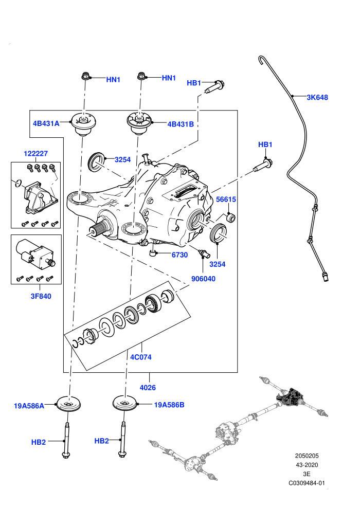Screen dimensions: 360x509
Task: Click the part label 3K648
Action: [317, 97]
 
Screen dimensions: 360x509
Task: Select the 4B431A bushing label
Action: [46, 123]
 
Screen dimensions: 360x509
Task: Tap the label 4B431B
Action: [181, 124]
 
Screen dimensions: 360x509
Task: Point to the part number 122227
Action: [35, 154]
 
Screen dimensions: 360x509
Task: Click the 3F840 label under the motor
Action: [41, 296]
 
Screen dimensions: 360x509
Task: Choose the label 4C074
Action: [141, 357]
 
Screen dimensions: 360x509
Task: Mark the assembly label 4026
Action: [148, 388]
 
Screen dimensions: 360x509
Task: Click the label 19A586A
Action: [29, 406]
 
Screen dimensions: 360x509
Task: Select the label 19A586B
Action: [169, 405]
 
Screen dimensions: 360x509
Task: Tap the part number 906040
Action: [203, 279]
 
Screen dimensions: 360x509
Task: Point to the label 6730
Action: [180, 255]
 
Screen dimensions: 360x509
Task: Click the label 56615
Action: [226, 199]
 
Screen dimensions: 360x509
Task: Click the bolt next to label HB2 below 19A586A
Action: [66, 440]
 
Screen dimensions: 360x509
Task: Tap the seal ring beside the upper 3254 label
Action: [96, 161]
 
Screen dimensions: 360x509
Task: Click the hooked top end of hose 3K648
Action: [260, 59]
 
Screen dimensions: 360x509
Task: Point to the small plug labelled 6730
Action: [153, 252]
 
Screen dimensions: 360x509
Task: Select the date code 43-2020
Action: [307, 465]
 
